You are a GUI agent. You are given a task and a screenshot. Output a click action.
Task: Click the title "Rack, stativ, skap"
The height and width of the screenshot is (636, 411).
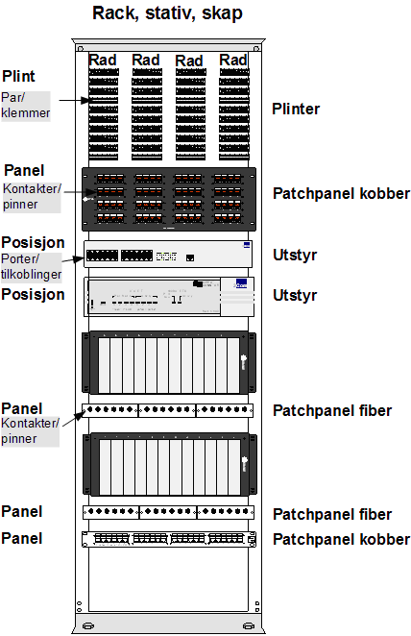pyautogui.click(x=167, y=13)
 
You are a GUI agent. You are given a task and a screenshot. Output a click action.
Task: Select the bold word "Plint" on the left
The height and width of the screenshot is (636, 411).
pyautogui.click(x=18, y=76)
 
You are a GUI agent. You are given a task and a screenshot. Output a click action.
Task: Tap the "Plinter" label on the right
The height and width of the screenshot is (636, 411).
pyautogui.click(x=296, y=109)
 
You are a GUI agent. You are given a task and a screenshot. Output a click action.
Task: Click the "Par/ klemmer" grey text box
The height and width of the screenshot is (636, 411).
pyautogui.click(x=26, y=106)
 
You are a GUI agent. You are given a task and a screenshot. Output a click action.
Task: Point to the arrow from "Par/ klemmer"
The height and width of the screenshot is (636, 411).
pyautogui.click(x=74, y=100)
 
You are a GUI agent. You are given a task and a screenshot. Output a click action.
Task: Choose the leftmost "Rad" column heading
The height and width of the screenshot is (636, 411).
pyautogui.click(x=103, y=60)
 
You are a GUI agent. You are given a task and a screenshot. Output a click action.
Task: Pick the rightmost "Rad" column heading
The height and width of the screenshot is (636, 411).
pyautogui.click(x=233, y=60)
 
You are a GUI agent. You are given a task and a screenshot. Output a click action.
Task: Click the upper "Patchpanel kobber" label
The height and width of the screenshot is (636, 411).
pyautogui.click(x=341, y=193)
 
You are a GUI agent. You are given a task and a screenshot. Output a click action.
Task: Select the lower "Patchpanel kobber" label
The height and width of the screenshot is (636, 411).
pyautogui.click(x=341, y=540)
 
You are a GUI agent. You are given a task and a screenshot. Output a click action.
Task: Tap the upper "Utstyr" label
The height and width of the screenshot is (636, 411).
pyautogui.click(x=295, y=256)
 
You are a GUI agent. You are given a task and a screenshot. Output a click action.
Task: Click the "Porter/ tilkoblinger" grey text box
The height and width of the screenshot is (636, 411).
pyautogui.click(x=32, y=267)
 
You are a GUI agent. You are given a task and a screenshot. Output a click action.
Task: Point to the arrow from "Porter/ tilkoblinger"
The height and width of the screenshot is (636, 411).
pyautogui.click(x=74, y=258)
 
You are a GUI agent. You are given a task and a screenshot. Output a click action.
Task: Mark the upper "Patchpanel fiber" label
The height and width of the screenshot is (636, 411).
pyautogui.click(x=332, y=410)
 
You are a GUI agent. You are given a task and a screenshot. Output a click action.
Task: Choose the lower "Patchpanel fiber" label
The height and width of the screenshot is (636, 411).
pyautogui.click(x=332, y=514)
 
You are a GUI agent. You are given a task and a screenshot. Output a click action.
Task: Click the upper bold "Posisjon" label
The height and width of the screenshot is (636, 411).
pyautogui.click(x=33, y=242)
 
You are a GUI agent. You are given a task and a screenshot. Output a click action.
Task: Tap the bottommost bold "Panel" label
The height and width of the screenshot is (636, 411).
pyautogui.click(x=22, y=539)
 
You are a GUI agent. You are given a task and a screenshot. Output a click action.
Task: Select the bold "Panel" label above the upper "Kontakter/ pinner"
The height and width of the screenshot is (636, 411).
pyautogui.click(x=24, y=170)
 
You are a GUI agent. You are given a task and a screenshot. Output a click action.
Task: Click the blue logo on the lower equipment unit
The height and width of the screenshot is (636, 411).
pyautogui.click(x=241, y=283)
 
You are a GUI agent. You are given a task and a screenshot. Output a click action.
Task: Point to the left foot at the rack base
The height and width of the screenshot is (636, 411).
pyautogui.click(x=88, y=625)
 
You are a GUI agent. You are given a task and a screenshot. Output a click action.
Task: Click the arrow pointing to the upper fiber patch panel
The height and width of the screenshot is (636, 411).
pyautogui.click(x=73, y=418)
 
